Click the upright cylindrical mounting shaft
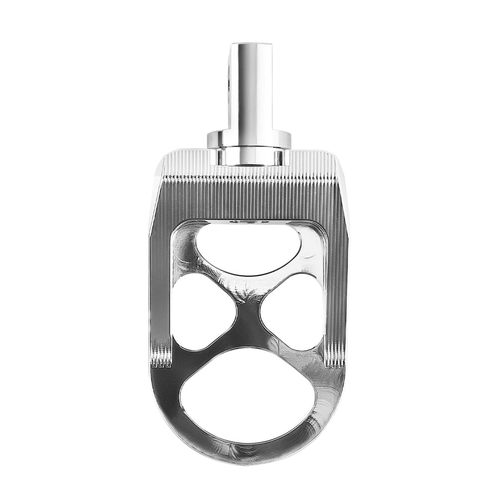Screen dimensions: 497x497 coord(250,89)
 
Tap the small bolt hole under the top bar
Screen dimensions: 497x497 coord(247,222)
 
